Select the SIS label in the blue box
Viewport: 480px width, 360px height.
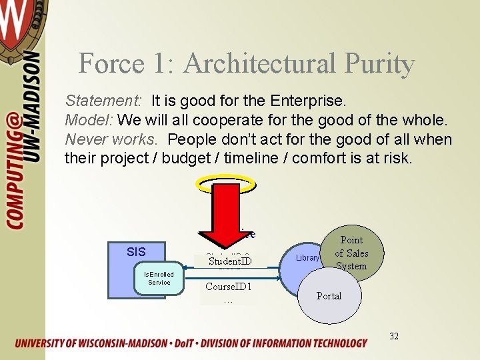click(136, 251)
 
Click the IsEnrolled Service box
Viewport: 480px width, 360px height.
click(159, 279)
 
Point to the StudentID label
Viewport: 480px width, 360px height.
click(229, 261)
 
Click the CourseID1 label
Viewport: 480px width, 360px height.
click(228, 287)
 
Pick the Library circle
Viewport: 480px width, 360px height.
click(307, 258)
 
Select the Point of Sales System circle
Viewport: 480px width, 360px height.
click(351, 253)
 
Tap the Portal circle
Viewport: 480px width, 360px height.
click(329, 295)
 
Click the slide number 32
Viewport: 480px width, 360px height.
click(394, 336)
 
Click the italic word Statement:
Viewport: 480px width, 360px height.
click(103, 101)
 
